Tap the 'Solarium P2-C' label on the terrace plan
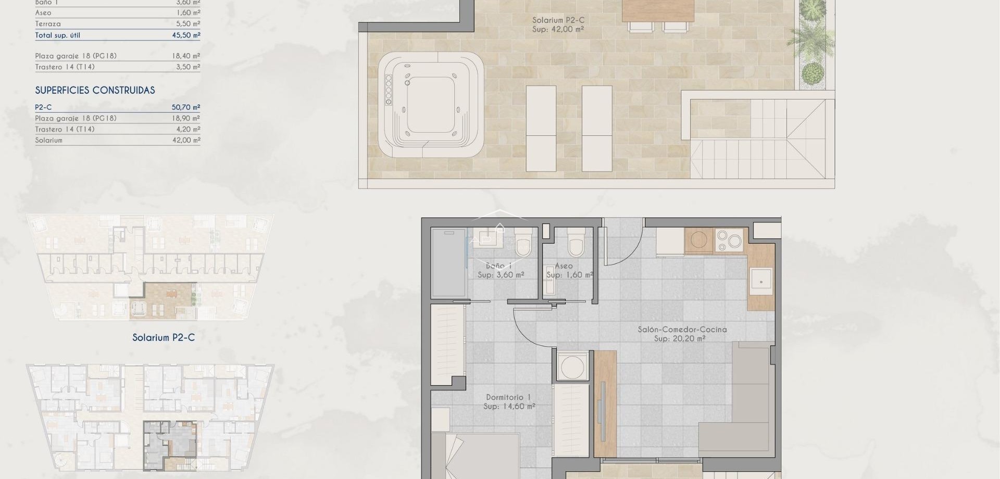[558, 20]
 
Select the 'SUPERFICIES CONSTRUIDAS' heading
[95, 91]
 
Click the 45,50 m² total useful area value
[186, 35]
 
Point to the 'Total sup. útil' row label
[57, 35]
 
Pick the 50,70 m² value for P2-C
[186, 107]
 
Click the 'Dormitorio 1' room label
[508, 397]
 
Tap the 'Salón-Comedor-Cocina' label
[682, 330]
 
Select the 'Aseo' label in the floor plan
[564, 266]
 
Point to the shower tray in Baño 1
[448, 263]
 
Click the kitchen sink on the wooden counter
[761, 282]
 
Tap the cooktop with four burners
[729, 241]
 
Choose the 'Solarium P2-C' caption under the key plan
[163, 337]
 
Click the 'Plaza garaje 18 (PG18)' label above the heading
[76, 56]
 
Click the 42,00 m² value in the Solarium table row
[186, 140]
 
